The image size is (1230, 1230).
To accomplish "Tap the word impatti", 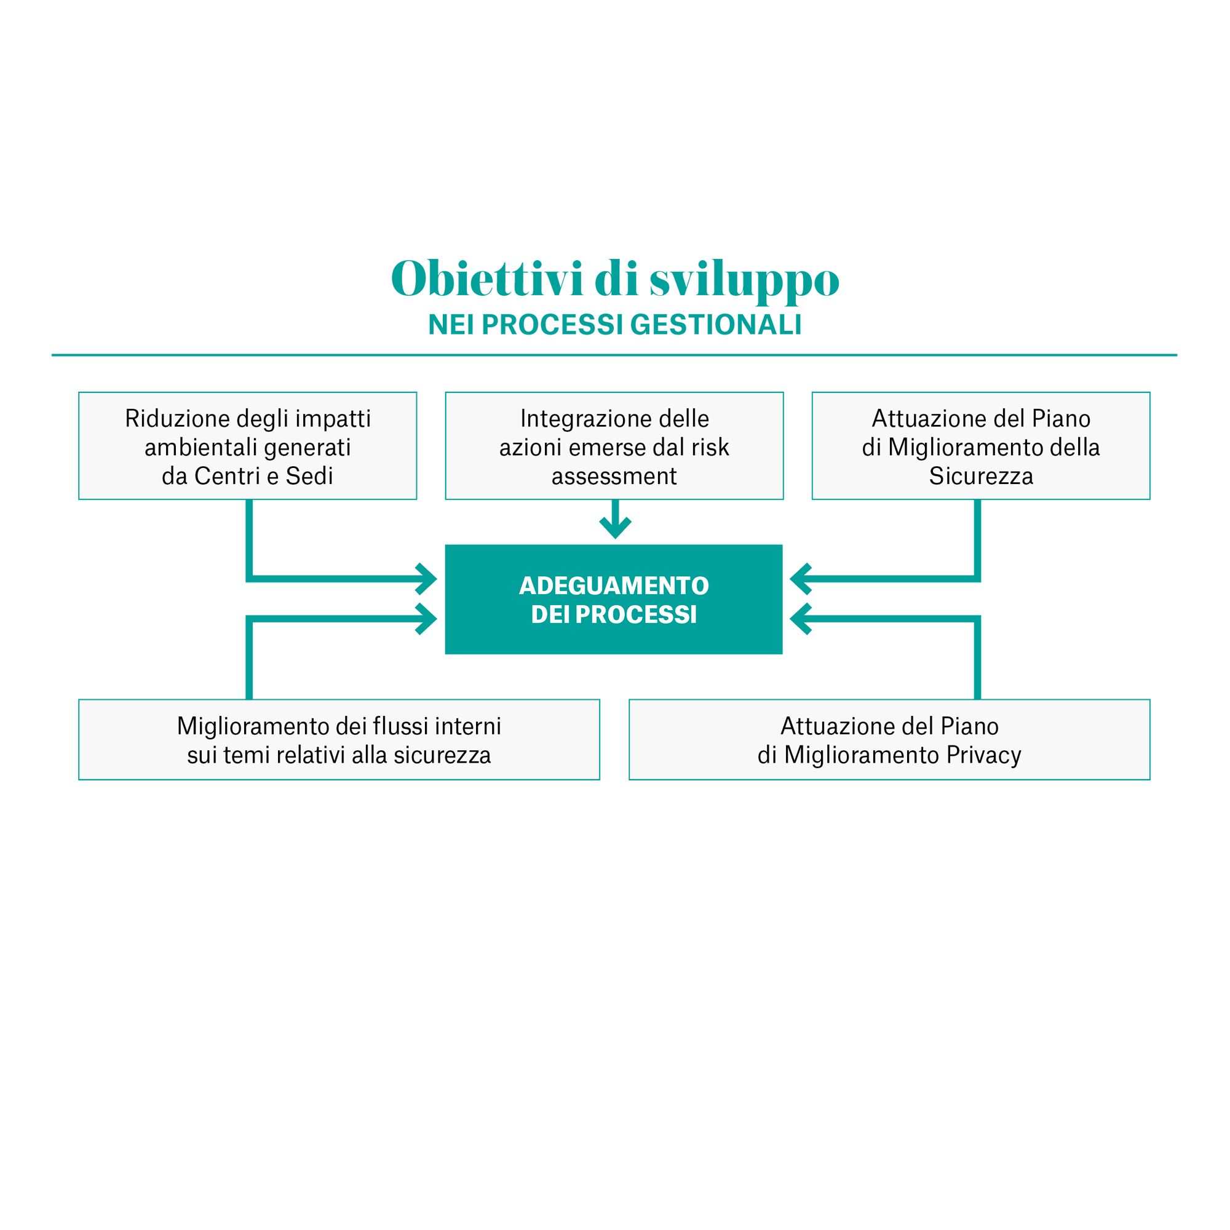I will (332, 419).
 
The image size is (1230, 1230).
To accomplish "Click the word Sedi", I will (309, 476).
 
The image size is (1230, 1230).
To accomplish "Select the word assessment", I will (614, 476).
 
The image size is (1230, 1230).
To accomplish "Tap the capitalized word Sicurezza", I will (980, 476).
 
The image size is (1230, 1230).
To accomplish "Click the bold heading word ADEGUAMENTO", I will (614, 585).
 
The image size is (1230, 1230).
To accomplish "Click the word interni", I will (468, 726).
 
